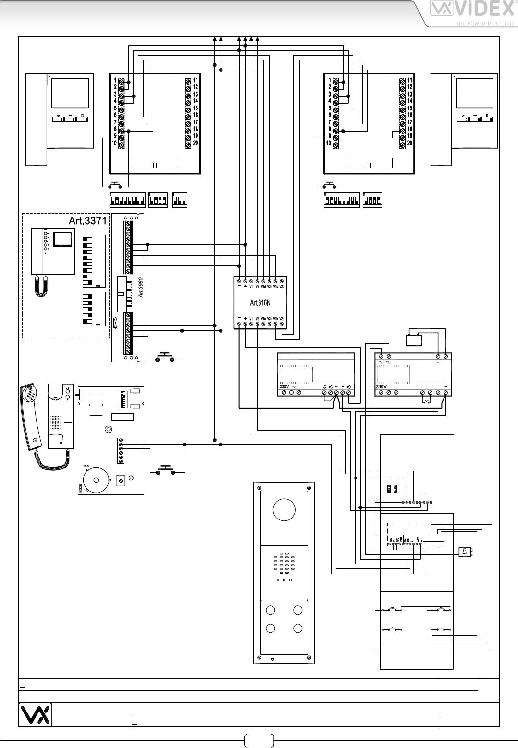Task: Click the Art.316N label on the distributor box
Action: (260, 303)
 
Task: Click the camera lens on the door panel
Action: (284, 510)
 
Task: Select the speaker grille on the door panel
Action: (284, 567)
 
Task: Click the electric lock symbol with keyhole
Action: (465, 552)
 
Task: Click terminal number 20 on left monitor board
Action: (195, 143)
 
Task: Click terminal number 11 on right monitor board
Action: (410, 80)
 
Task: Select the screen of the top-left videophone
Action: (70, 94)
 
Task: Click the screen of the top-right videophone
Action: (475, 94)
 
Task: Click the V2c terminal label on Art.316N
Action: (282, 286)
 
